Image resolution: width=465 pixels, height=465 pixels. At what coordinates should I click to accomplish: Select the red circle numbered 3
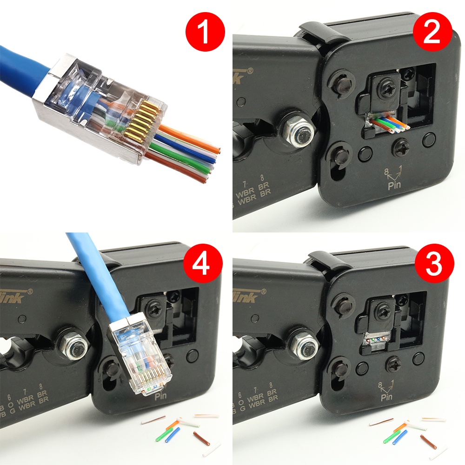point(434,266)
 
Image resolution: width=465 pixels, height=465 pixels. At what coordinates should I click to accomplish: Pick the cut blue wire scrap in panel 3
point(399,437)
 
